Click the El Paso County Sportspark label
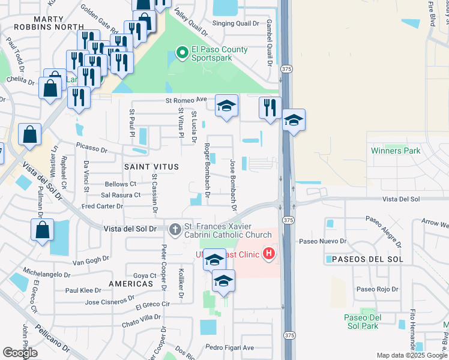click(219, 53)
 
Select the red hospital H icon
click(269, 254)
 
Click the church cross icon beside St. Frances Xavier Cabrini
click(175, 229)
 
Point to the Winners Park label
click(396, 151)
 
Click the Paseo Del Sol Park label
click(362, 321)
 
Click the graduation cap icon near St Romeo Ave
click(226, 106)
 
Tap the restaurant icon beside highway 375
click(270, 108)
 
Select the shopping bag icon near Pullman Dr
click(42, 230)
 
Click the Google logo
click(20, 353)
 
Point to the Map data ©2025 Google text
click(412, 355)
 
